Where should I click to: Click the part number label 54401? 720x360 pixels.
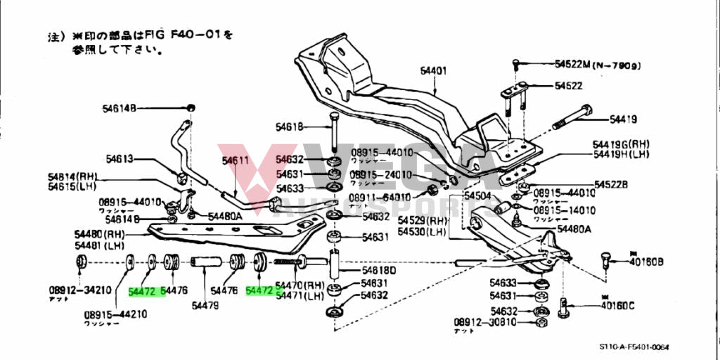click(x=434, y=71)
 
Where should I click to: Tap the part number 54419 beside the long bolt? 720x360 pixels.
click(x=623, y=119)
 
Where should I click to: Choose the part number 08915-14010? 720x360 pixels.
click(x=564, y=210)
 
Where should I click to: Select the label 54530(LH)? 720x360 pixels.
click(x=422, y=231)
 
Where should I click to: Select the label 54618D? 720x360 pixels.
click(x=379, y=270)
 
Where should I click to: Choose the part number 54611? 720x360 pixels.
click(x=236, y=160)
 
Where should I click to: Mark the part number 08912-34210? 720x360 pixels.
click(x=79, y=290)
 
